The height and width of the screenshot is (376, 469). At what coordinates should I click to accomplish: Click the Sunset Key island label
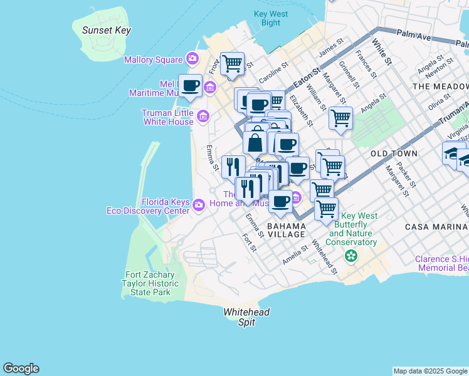[102, 30]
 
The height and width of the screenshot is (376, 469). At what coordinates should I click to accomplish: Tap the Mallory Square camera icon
[192, 60]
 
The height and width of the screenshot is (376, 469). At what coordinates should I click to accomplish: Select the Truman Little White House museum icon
[203, 117]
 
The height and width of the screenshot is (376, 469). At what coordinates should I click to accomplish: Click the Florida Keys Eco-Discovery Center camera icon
[199, 205]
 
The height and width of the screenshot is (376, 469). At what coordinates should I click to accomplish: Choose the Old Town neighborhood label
[394, 153]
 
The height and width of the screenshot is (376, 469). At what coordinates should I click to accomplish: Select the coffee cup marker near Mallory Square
[190, 86]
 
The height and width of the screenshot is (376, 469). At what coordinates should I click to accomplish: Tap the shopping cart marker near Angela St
[340, 118]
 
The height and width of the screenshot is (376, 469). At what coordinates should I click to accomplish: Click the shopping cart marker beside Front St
[232, 63]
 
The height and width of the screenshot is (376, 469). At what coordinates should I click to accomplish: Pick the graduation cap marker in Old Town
[453, 154]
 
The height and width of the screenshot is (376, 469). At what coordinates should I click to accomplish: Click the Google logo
[21, 368]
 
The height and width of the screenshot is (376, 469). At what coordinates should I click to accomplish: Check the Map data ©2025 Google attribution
[430, 371]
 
